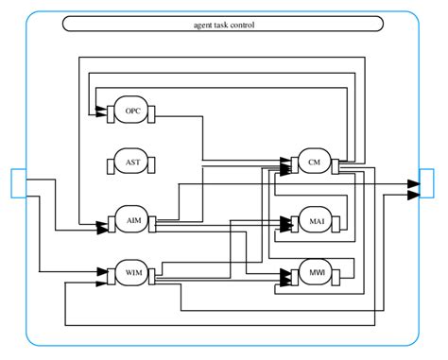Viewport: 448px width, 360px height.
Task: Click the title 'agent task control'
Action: pyautogui.click(x=223, y=25)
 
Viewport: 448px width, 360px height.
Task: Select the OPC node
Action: pyautogui.click(x=131, y=111)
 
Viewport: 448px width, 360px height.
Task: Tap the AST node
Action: pyautogui.click(x=131, y=164)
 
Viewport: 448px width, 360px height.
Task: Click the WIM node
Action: pyautogui.click(x=131, y=273)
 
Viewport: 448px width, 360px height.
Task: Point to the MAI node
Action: pyautogui.click(x=315, y=222)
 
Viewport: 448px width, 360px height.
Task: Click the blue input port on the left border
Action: pyautogui.click(x=18, y=182)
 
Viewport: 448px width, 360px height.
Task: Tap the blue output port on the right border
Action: pyautogui.click(x=427, y=182)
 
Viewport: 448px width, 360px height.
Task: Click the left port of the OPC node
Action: pyautogui.click(x=110, y=111)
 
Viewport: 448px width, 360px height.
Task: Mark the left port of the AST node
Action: pyautogui.click(x=110, y=164)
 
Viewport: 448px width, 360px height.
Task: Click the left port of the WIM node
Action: pyautogui.click(x=110, y=273)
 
